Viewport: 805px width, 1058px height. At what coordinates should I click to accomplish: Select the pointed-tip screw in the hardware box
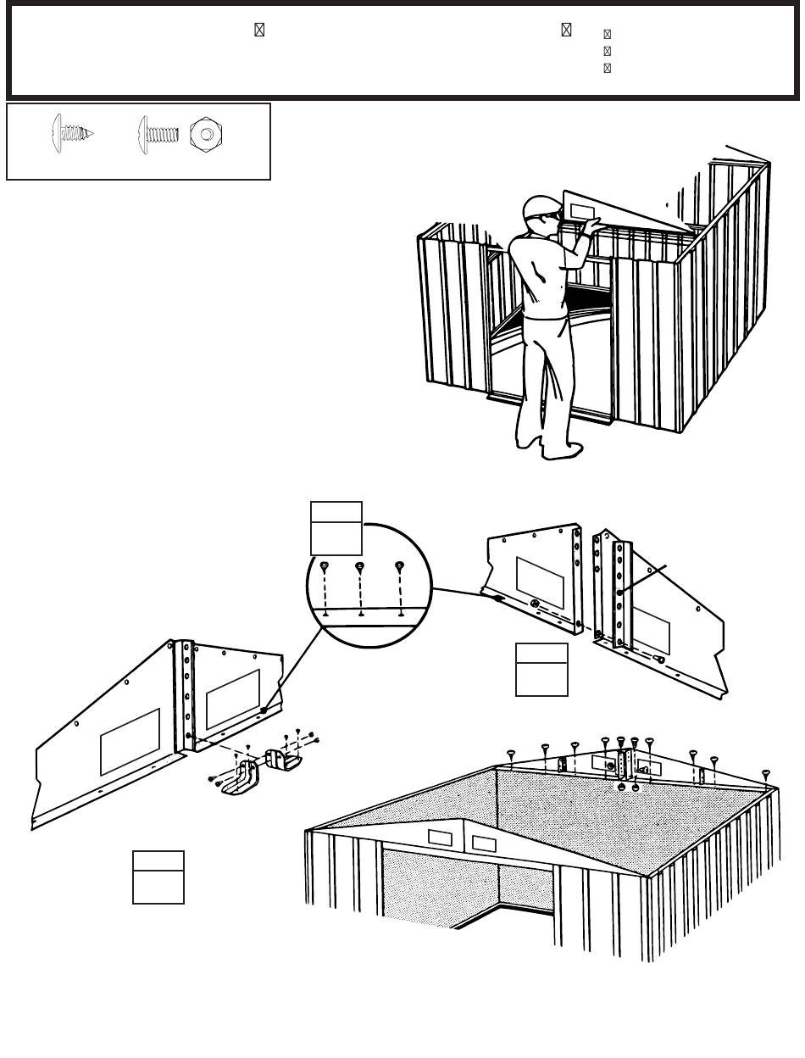click(x=73, y=133)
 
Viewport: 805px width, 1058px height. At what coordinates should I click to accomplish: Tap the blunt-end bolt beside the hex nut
click(x=158, y=133)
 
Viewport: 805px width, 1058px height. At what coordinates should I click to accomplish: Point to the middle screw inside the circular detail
click(x=360, y=568)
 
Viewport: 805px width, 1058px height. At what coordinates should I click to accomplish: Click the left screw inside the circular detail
click(x=325, y=568)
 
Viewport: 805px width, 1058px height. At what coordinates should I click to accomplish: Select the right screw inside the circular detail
click(x=399, y=567)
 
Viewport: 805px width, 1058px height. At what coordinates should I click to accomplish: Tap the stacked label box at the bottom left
click(x=158, y=877)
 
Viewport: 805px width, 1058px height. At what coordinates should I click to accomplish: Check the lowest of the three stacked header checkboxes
click(x=607, y=68)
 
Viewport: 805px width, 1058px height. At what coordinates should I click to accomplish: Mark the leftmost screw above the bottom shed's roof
click(x=511, y=754)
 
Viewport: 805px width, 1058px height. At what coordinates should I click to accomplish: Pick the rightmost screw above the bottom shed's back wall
click(x=766, y=773)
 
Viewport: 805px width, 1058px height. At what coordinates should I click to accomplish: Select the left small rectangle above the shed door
click(x=441, y=838)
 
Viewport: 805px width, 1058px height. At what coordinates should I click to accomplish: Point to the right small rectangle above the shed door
click(x=485, y=844)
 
